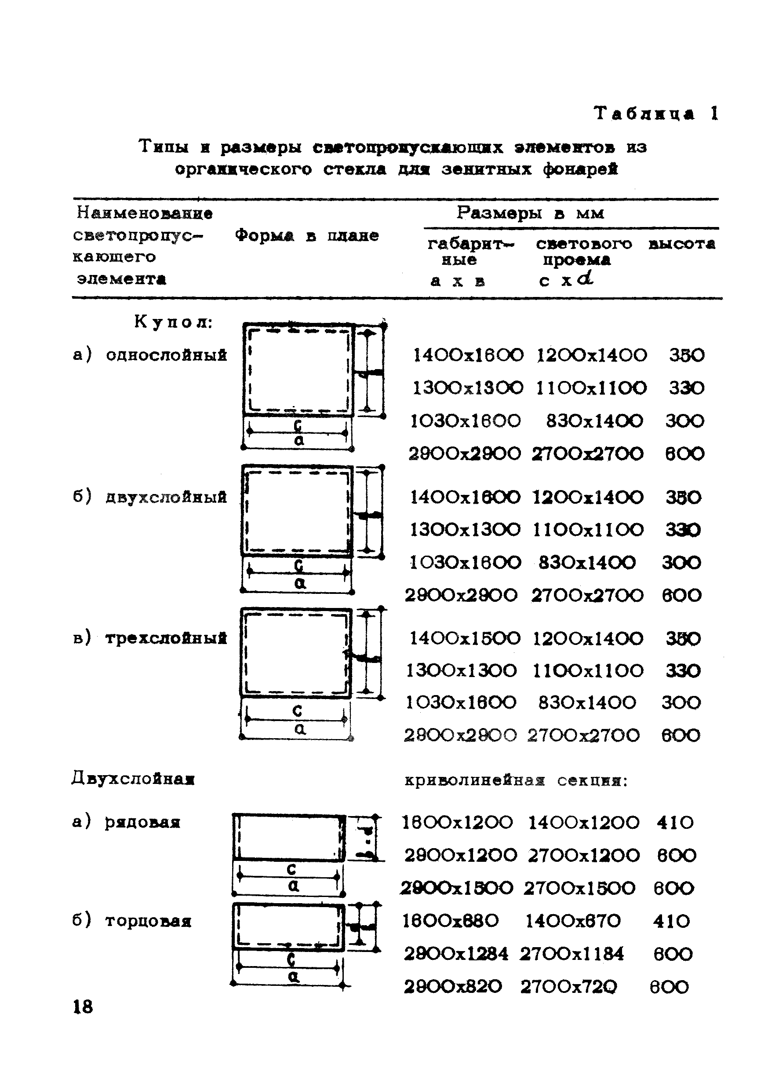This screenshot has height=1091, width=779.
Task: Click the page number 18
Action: pyautogui.click(x=83, y=1006)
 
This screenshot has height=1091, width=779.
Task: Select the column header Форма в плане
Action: pyautogui.click(x=306, y=236)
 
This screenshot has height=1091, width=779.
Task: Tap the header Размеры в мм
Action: pyautogui.click(x=530, y=212)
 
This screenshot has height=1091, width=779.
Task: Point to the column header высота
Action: pyautogui.click(x=681, y=244)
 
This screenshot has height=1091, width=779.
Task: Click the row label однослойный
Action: pyautogui.click(x=166, y=355)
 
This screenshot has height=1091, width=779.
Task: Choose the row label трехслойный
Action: pyautogui.click(x=166, y=638)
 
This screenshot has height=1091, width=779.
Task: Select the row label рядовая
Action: pyautogui.click(x=142, y=822)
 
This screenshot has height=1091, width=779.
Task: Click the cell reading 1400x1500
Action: pyautogui.click(x=465, y=638)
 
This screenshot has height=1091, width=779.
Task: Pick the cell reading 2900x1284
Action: pyautogui.click(x=456, y=954)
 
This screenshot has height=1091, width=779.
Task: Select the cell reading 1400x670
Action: pyautogui.click(x=573, y=921)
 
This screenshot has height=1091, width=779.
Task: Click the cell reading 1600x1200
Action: pyautogui.click(x=457, y=822)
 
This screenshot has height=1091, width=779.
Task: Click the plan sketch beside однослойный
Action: pyautogui.click(x=299, y=370)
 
